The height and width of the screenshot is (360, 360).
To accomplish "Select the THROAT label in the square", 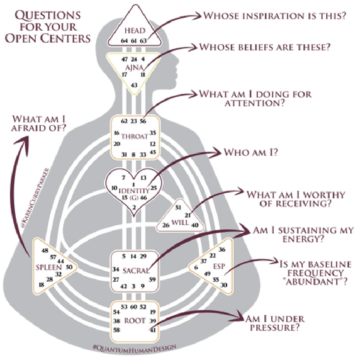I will [x=134, y=137].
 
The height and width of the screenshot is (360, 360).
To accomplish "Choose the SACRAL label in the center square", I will [x=136, y=271].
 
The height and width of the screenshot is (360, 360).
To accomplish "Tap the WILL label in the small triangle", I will [x=179, y=221].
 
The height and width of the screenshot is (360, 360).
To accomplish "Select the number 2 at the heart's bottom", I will [x=134, y=207].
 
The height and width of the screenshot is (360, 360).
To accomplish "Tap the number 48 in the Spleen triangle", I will [x=45, y=250].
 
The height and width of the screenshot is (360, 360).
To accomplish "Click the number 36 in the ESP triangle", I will [x=222, y=250].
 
